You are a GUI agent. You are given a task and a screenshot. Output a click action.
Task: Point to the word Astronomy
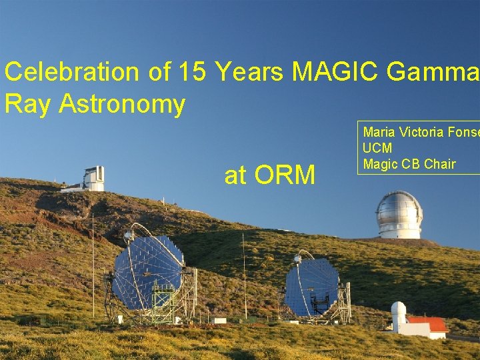point(122,104)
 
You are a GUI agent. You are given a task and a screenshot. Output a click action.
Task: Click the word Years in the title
point(247,71)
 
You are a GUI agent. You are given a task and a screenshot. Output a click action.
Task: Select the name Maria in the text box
point(378,132)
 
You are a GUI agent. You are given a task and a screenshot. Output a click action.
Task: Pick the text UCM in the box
point(377,148)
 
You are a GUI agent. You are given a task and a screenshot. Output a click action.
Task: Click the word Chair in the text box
point(441,164)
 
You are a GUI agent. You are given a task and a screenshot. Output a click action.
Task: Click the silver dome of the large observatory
point(399,208)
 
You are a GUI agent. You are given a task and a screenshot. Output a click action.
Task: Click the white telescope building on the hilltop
point(93,179)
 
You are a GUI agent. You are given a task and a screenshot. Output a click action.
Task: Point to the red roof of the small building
point(427,324)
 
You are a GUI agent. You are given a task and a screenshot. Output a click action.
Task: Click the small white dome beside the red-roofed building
point(398,312)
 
